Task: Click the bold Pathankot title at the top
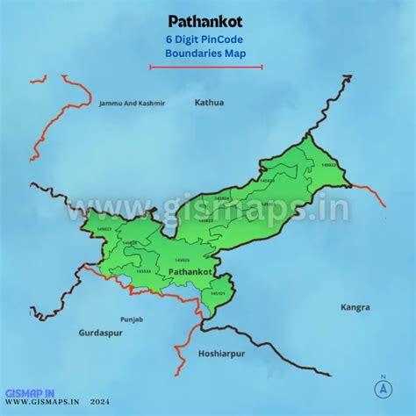[x=206, y=19]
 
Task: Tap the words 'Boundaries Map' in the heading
[x=206, y=54]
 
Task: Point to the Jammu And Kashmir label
[x=132, y=104]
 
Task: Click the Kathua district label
[x=209, y=103]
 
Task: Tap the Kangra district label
[x=355, y=308]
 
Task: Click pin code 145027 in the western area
[x=104, y=229]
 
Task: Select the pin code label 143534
[x=143, y=271]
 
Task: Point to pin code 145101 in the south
[x=219, y=293]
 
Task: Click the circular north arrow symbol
[x=383, y=387]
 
